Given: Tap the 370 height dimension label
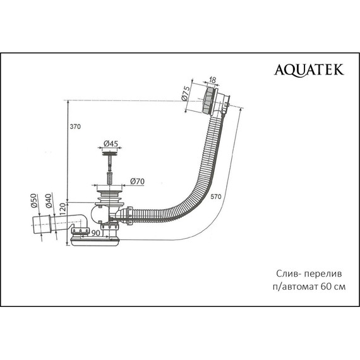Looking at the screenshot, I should (x=76, y=126).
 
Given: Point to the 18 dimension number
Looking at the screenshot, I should (x=213, y=81).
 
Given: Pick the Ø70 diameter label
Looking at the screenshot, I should (x=138, y=182).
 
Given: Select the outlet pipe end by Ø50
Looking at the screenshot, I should (x=39, y=225).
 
